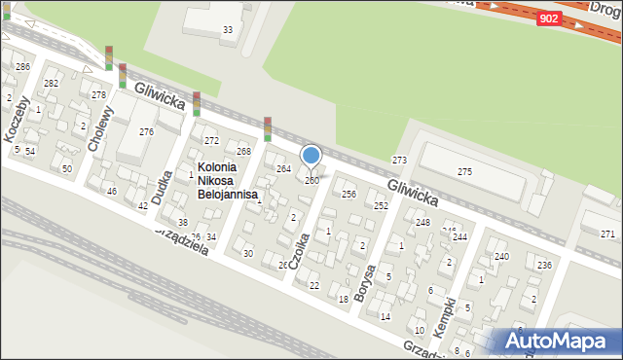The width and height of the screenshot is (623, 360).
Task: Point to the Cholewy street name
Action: tap(100, 127)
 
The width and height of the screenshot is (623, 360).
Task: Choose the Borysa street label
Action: tap(368, 283)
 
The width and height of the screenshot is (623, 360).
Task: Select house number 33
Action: tap(228, 30)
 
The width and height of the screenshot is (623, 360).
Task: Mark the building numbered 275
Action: tap(464, 172)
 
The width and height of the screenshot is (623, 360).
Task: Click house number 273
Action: tap(399, 160)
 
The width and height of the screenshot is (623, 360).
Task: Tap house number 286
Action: tap(22, 66)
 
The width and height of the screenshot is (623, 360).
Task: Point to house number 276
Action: tap(146, 131)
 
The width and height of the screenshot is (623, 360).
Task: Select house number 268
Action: tap(243, 152)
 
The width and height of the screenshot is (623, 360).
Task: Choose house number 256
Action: tap(348, 195)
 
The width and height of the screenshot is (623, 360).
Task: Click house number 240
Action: tap(501, 256)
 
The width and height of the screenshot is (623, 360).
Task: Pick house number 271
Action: tap(607, 234)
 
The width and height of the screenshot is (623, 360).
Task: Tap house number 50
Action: tap(66, 169)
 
